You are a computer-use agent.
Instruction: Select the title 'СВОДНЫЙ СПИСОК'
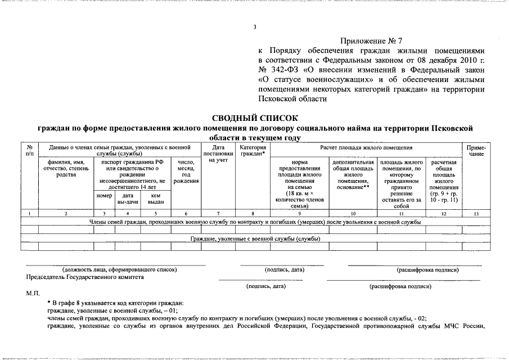(x=254, y=118)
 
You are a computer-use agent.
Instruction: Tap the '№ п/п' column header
(x=30, y=150)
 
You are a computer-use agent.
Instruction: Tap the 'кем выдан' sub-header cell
(x=156, y=198)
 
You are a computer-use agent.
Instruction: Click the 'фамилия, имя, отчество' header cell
(x=66, y=169)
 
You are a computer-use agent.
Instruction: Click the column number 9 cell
(x=299, y=214)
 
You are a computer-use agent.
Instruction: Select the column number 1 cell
(x=30, y=214)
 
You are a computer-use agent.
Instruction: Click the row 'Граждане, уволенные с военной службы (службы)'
(x=254, y=238)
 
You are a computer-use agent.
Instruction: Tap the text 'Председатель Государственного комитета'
(x=85, y=277)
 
